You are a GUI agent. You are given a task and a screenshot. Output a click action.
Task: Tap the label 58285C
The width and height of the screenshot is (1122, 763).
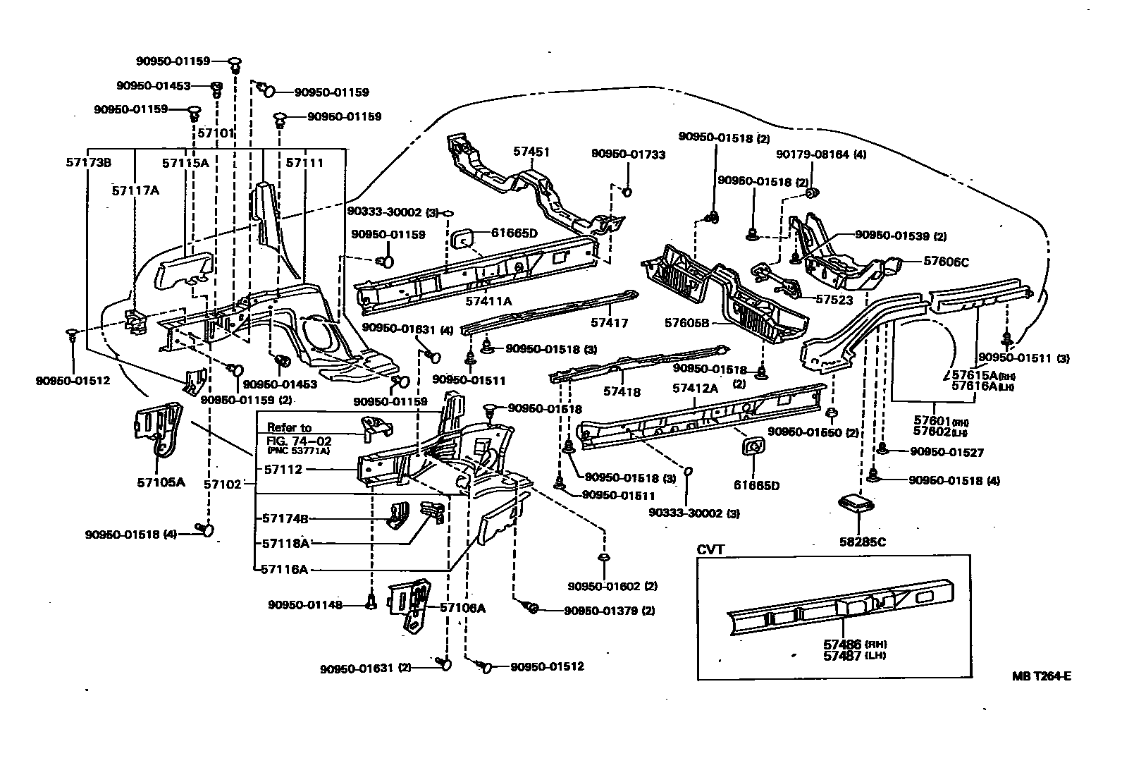point(859,542)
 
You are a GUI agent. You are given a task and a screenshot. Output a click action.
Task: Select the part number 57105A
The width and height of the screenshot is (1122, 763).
point(160,483)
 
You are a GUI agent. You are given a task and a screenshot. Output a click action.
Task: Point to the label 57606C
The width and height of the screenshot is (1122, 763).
point(946,262)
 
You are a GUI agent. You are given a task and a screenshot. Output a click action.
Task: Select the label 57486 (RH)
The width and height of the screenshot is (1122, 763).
point(853,644)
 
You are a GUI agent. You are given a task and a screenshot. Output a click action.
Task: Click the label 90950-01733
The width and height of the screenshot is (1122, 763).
point(628,154)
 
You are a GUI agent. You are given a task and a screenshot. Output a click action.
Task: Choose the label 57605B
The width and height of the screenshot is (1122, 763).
point(686,323)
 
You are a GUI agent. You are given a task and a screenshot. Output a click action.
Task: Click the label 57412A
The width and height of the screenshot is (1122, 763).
point(695,388)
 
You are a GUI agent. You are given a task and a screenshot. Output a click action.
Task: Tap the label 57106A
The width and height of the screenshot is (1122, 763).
point(462,608)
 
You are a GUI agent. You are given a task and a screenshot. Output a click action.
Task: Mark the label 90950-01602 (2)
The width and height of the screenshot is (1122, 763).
point(612,586)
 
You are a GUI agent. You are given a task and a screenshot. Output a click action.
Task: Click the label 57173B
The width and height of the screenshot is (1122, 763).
point(87,163)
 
